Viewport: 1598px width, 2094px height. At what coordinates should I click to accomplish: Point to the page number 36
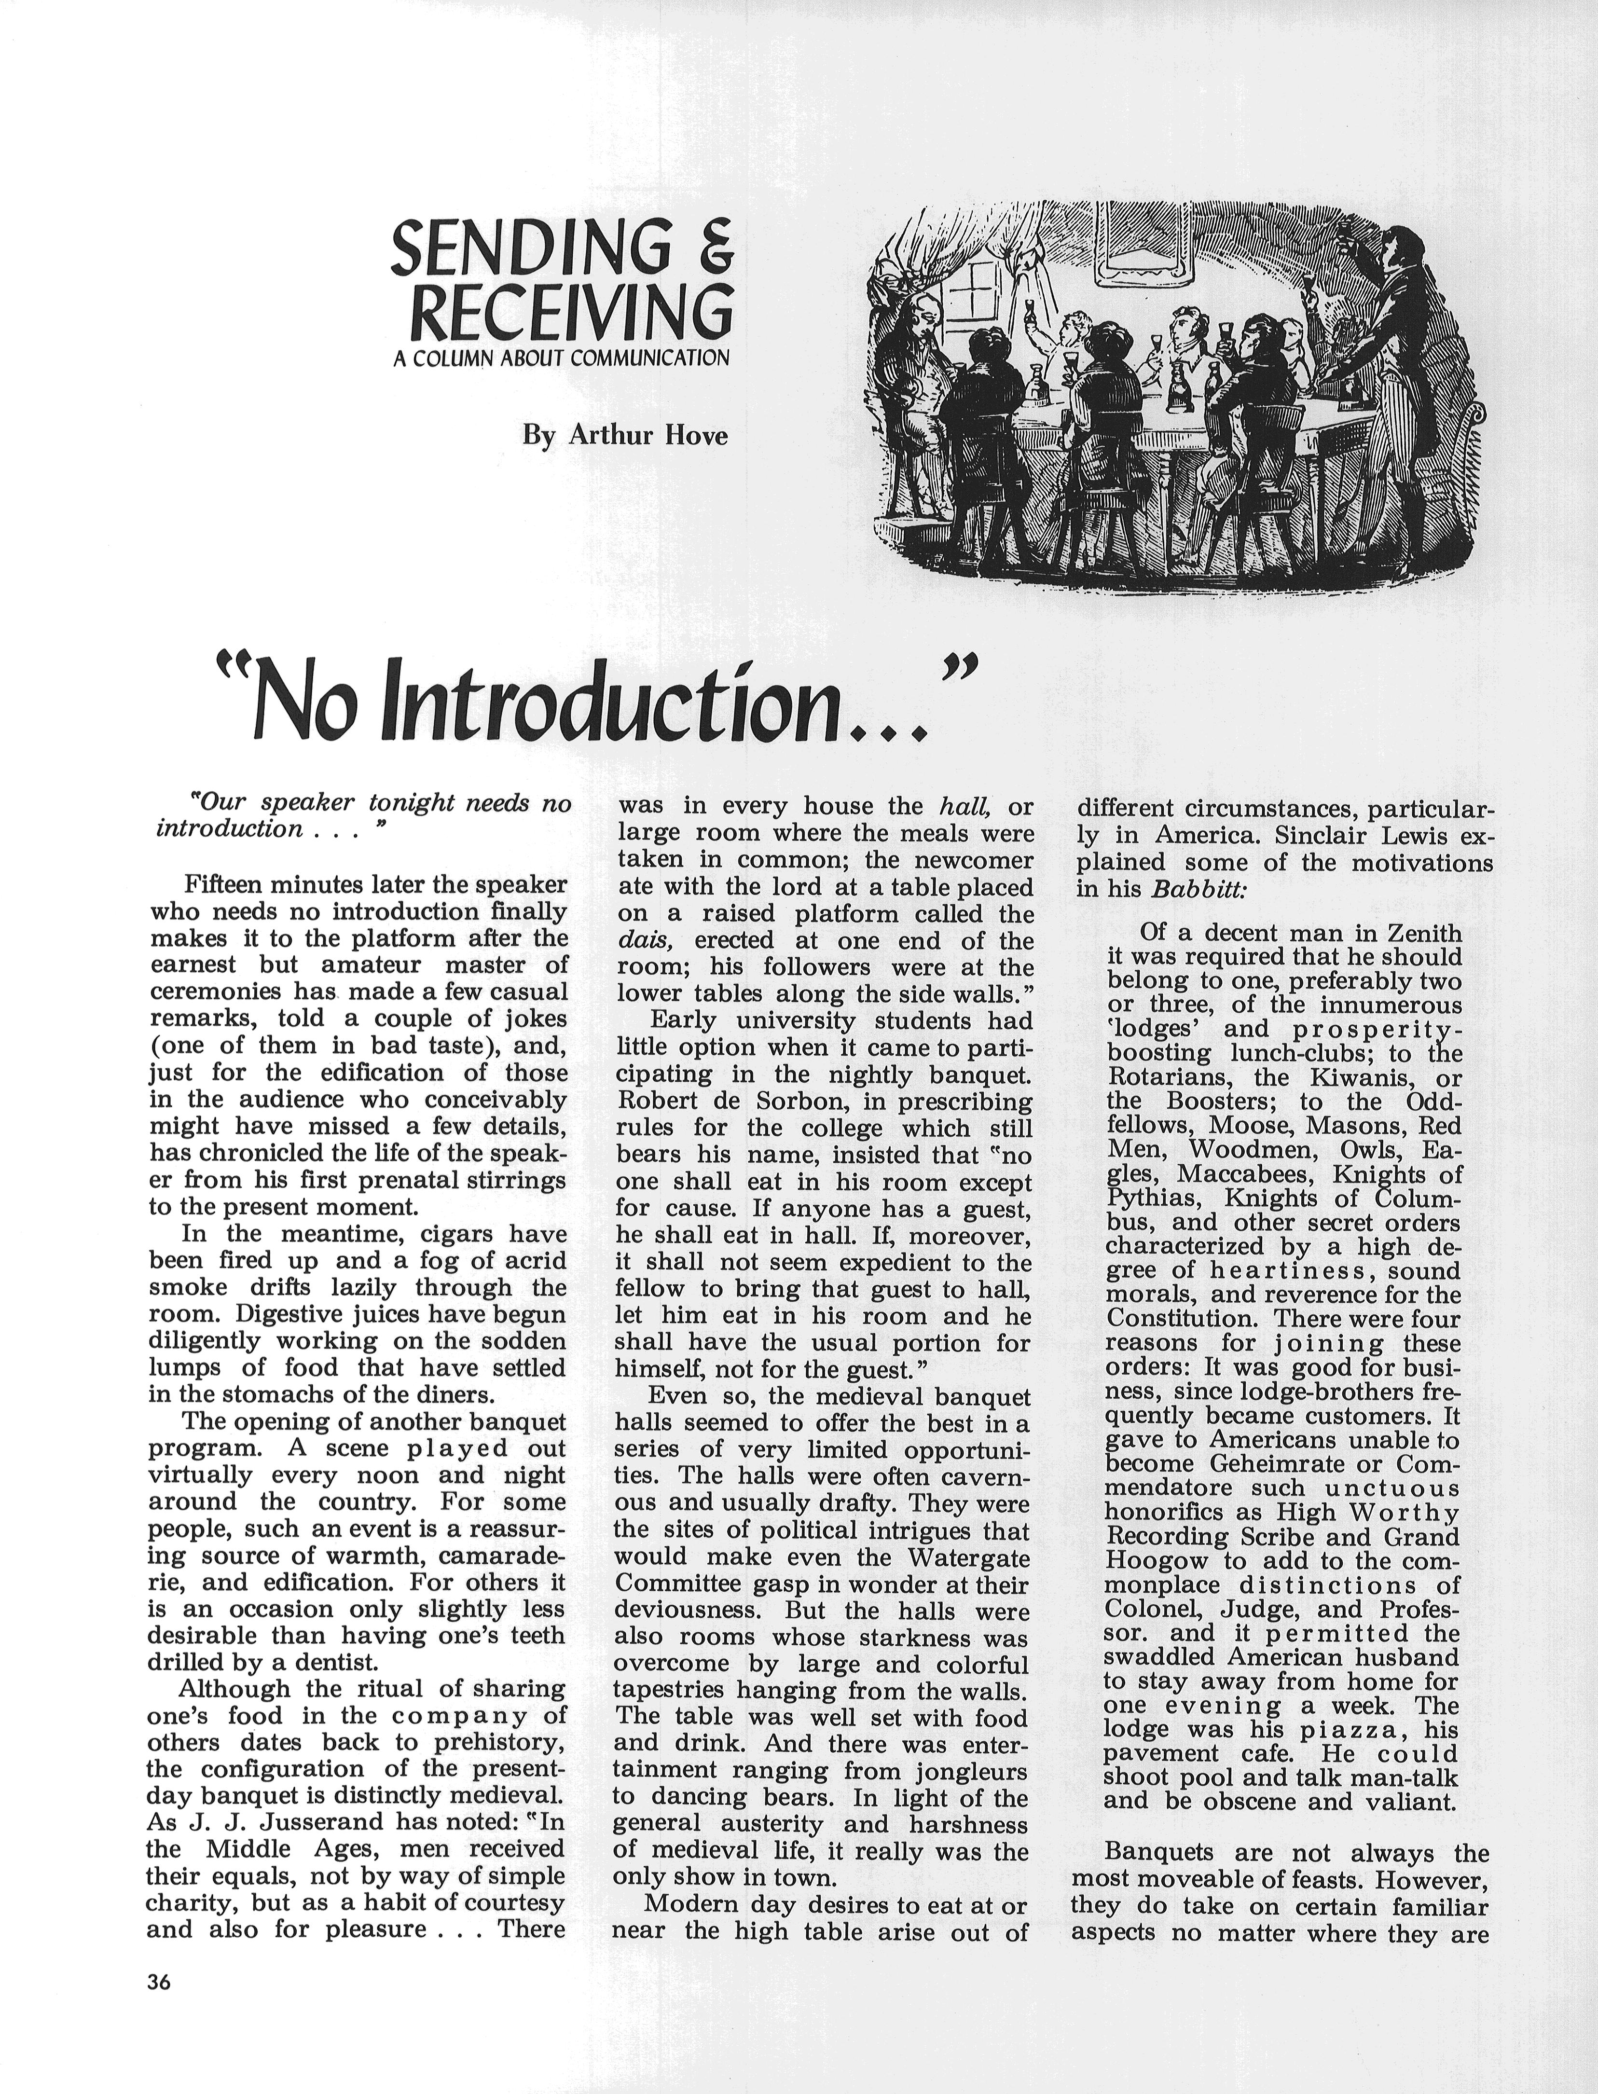(x=159, y=1982)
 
